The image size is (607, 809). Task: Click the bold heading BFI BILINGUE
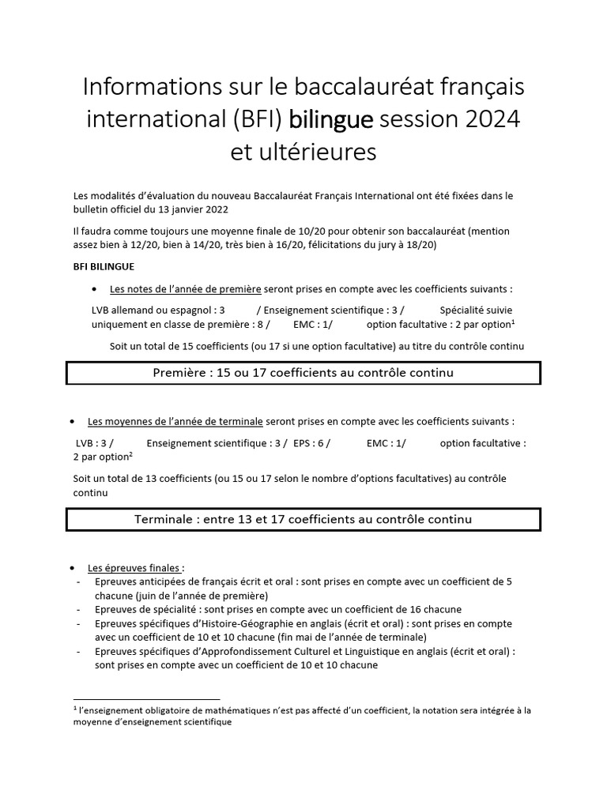tap(103, 267)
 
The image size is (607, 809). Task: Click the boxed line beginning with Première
tap(303, 372)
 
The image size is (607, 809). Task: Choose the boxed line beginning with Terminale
tap(303, 519)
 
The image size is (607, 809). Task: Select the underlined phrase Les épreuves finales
tap(136, 567)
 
